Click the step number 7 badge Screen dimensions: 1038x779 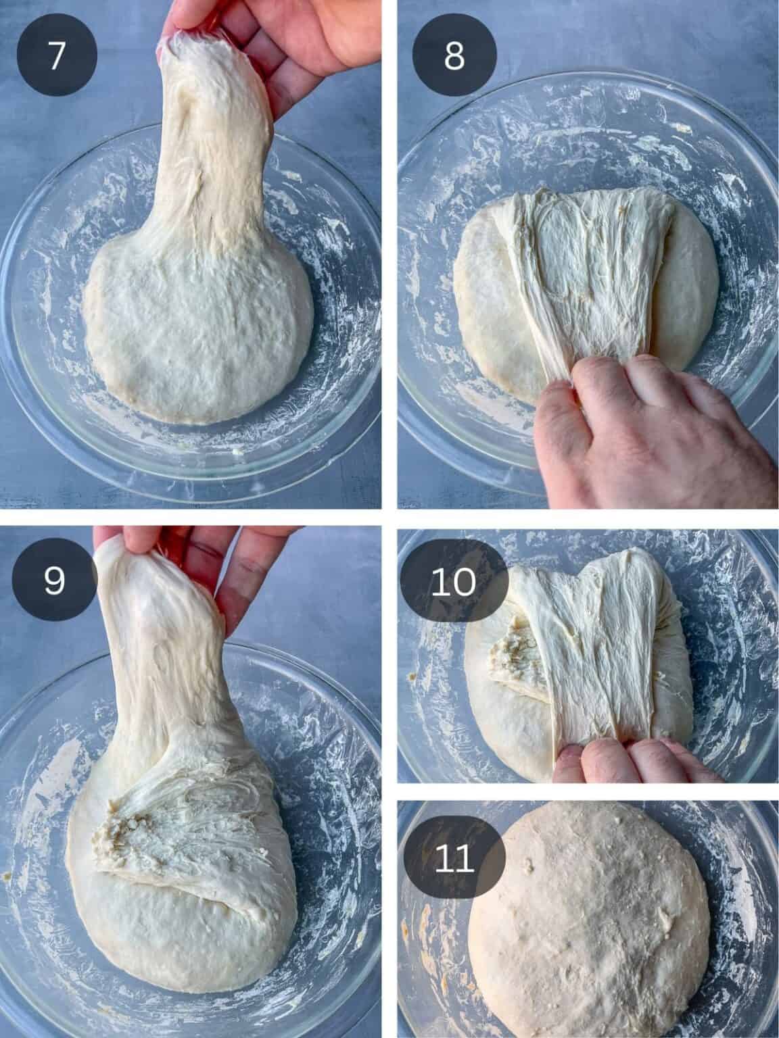tap(57, 55)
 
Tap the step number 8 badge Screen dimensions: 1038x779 tap(454, 55)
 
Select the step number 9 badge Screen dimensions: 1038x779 tap(54, 580)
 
